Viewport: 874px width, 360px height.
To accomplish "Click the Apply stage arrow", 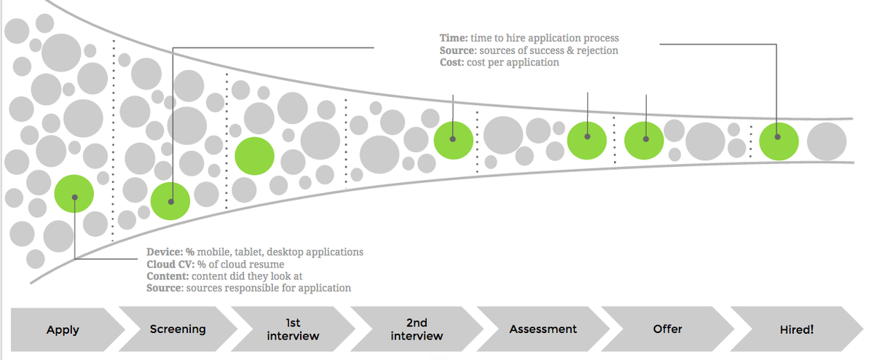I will pyautogui.click(x=63, y=329).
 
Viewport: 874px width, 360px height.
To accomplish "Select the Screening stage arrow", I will pyautogui.click(x=178, y=329).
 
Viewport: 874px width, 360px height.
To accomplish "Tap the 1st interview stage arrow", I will pyautogui.click(x=293, y=329).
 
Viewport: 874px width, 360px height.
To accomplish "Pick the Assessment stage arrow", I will pyautogui.click(x=543, y=329).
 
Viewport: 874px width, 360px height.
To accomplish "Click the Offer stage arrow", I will pyautogui.click(x=667, y=329).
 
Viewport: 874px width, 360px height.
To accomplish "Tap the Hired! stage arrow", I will pyautogui.click(x=796, y=329).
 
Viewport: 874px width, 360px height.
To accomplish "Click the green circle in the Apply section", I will pyautogui.click(x=74, y=195).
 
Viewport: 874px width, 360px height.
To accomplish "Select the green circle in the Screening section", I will pyautogui.click(x=170, y=200).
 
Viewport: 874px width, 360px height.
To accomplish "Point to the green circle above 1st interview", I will pyautogui.click(x=255, y=156).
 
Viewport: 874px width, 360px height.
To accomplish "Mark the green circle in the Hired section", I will pyautogui.click(x=779, y=140).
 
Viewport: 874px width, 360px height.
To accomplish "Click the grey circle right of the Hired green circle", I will pyautogui.click(x=827, y=141).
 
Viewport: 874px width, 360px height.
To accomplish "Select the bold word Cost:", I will pyautogui.click(x=452, y=63).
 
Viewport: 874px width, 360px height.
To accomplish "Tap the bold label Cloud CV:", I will pyautogui.click(x=170, y=264).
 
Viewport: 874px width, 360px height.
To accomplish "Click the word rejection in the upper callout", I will pyautogui.click(x=595, y=50).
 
